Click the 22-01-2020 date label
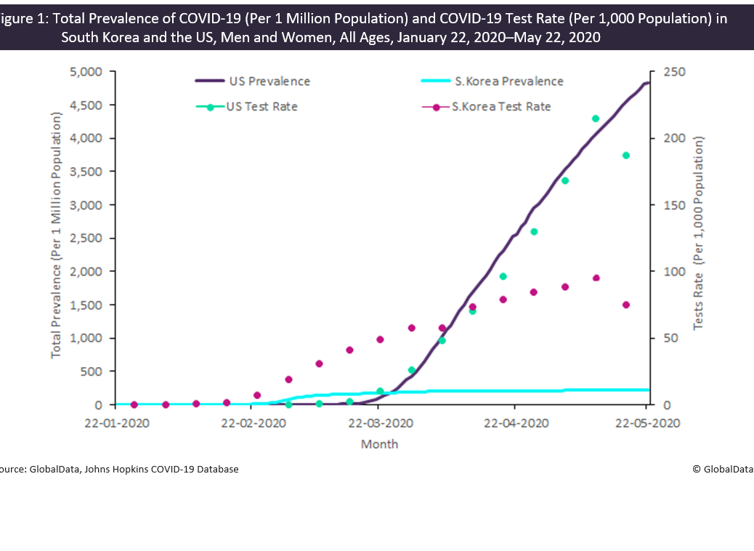pyautogui.click(x=118, y=423)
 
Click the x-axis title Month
pyautogui.click(x=379, y=444)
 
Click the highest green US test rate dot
pyautogui.click(x=596, y=118)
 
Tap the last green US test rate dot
pyautogui.click(x=626, y=156)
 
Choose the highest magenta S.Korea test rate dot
pyautogui.click(x=596, y=278)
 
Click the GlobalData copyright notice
pyautogui.click(x=723, y=470)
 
